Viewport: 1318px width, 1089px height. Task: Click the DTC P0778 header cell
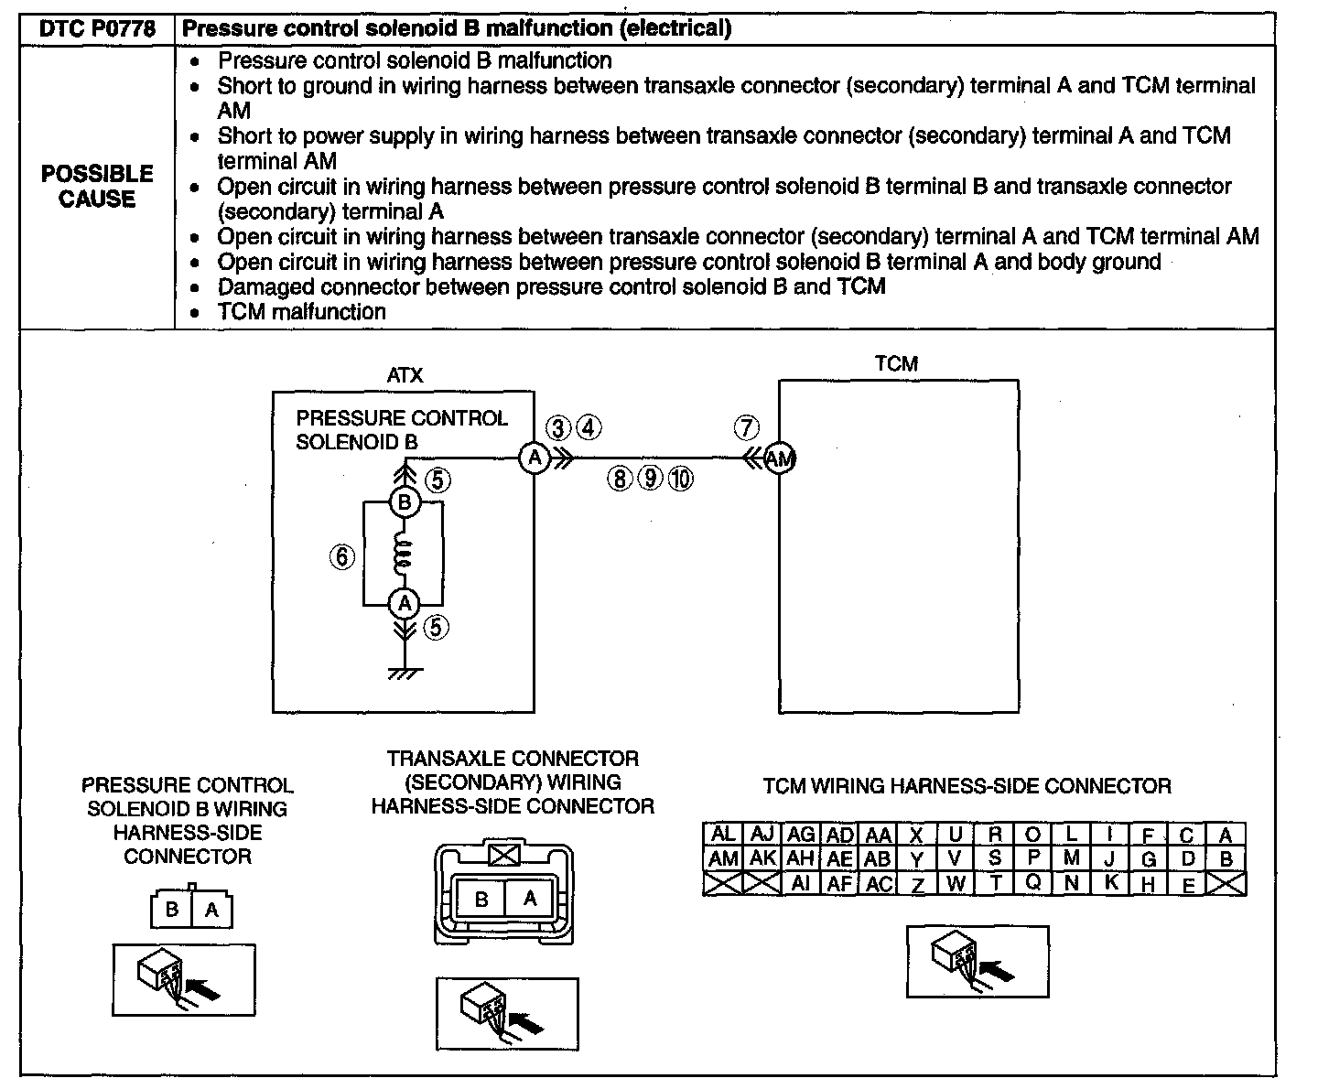pyautogui.click(x=96, y=28)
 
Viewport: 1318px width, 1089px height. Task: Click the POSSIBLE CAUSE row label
pyautogui.click(x=97, y=187)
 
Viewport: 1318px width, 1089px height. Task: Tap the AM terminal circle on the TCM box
pyautogui.click(x=779, y=458)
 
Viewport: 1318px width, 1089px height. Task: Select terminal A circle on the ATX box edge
pyautogui.click(x=534, y=458)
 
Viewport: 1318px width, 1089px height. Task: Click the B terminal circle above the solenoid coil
pyautogui.click(x=404, y=502)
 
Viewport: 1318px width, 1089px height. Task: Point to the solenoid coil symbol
pyautogui.click(x=404, y=553)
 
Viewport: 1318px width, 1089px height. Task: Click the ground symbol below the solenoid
pyautogui.click(x=404, y=674)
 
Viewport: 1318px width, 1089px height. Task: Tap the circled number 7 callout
pyautogui.click(x=747, y=427)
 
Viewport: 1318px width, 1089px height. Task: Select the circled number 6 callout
pyautogui.click(x=341, y=556)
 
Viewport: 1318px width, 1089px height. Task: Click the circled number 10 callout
pyautogui.click(x=680, y=479)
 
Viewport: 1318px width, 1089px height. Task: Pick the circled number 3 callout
pyautogui.click(x=558, y=427)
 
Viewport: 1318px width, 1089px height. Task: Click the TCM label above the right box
pyautogui.click(x=896, y=363)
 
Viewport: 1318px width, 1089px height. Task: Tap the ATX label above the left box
pyautogui.click(x=405, y=375)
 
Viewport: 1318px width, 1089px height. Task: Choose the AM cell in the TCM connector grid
pyautogui.click(x=723, y=859)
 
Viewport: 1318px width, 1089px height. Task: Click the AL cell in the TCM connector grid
pyautogui.click(x=723, y=835)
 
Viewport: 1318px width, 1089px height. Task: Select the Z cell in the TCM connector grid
pyautogui.click(x=917, y=884)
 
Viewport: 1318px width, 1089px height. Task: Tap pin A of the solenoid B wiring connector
pyautogui.click(x=212, y=911)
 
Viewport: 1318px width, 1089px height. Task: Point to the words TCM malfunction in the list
pyautogui.click(x=301, y=312)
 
